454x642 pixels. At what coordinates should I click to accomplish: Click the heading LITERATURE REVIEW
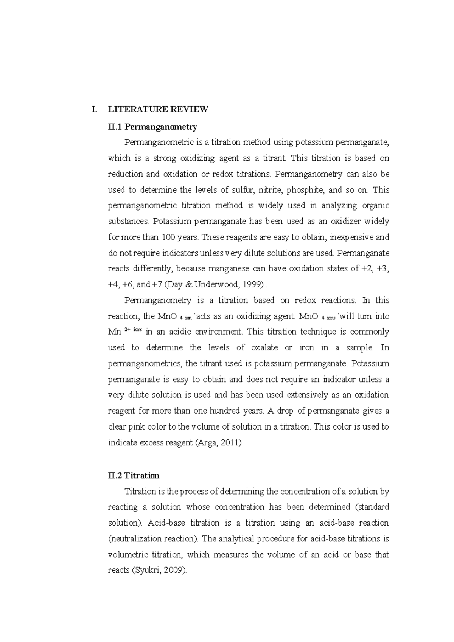(158, 110)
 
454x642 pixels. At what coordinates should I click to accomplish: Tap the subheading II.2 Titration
(134, 475)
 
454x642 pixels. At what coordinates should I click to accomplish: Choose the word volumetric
(127, 555)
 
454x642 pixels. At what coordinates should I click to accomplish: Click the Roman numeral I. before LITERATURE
(94, 110)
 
